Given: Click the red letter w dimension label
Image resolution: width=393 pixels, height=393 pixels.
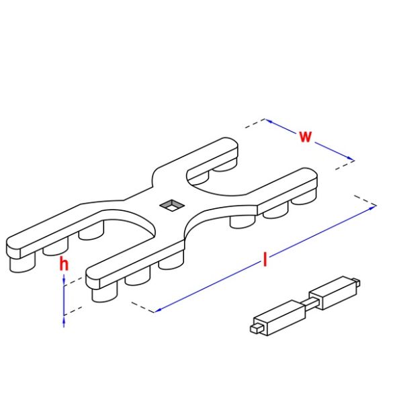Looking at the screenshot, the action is pos(305,136).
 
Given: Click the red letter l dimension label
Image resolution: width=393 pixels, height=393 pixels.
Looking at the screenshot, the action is pos(265,259).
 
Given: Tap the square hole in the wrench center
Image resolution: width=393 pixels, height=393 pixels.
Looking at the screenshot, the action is pos(172,206).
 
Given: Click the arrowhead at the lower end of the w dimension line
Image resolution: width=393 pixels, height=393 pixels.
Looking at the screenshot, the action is pos(350,159).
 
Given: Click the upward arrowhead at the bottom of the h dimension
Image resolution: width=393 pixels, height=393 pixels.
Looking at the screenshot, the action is pos(64,321).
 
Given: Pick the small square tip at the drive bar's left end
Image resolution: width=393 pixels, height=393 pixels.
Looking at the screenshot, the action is pos(256,329).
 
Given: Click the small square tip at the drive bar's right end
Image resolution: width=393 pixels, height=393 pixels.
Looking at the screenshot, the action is pos(357,282).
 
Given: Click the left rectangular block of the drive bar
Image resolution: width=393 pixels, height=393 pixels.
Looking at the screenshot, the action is pos(279,318).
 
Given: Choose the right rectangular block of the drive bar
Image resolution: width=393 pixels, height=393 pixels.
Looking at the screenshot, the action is pos(333,293).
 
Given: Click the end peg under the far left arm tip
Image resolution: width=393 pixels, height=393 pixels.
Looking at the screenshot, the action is pos(22,263).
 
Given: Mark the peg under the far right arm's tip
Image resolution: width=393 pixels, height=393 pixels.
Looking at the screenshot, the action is pos(304,197).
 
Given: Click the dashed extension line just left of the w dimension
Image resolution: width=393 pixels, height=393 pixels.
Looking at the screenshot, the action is pos(255,124).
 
